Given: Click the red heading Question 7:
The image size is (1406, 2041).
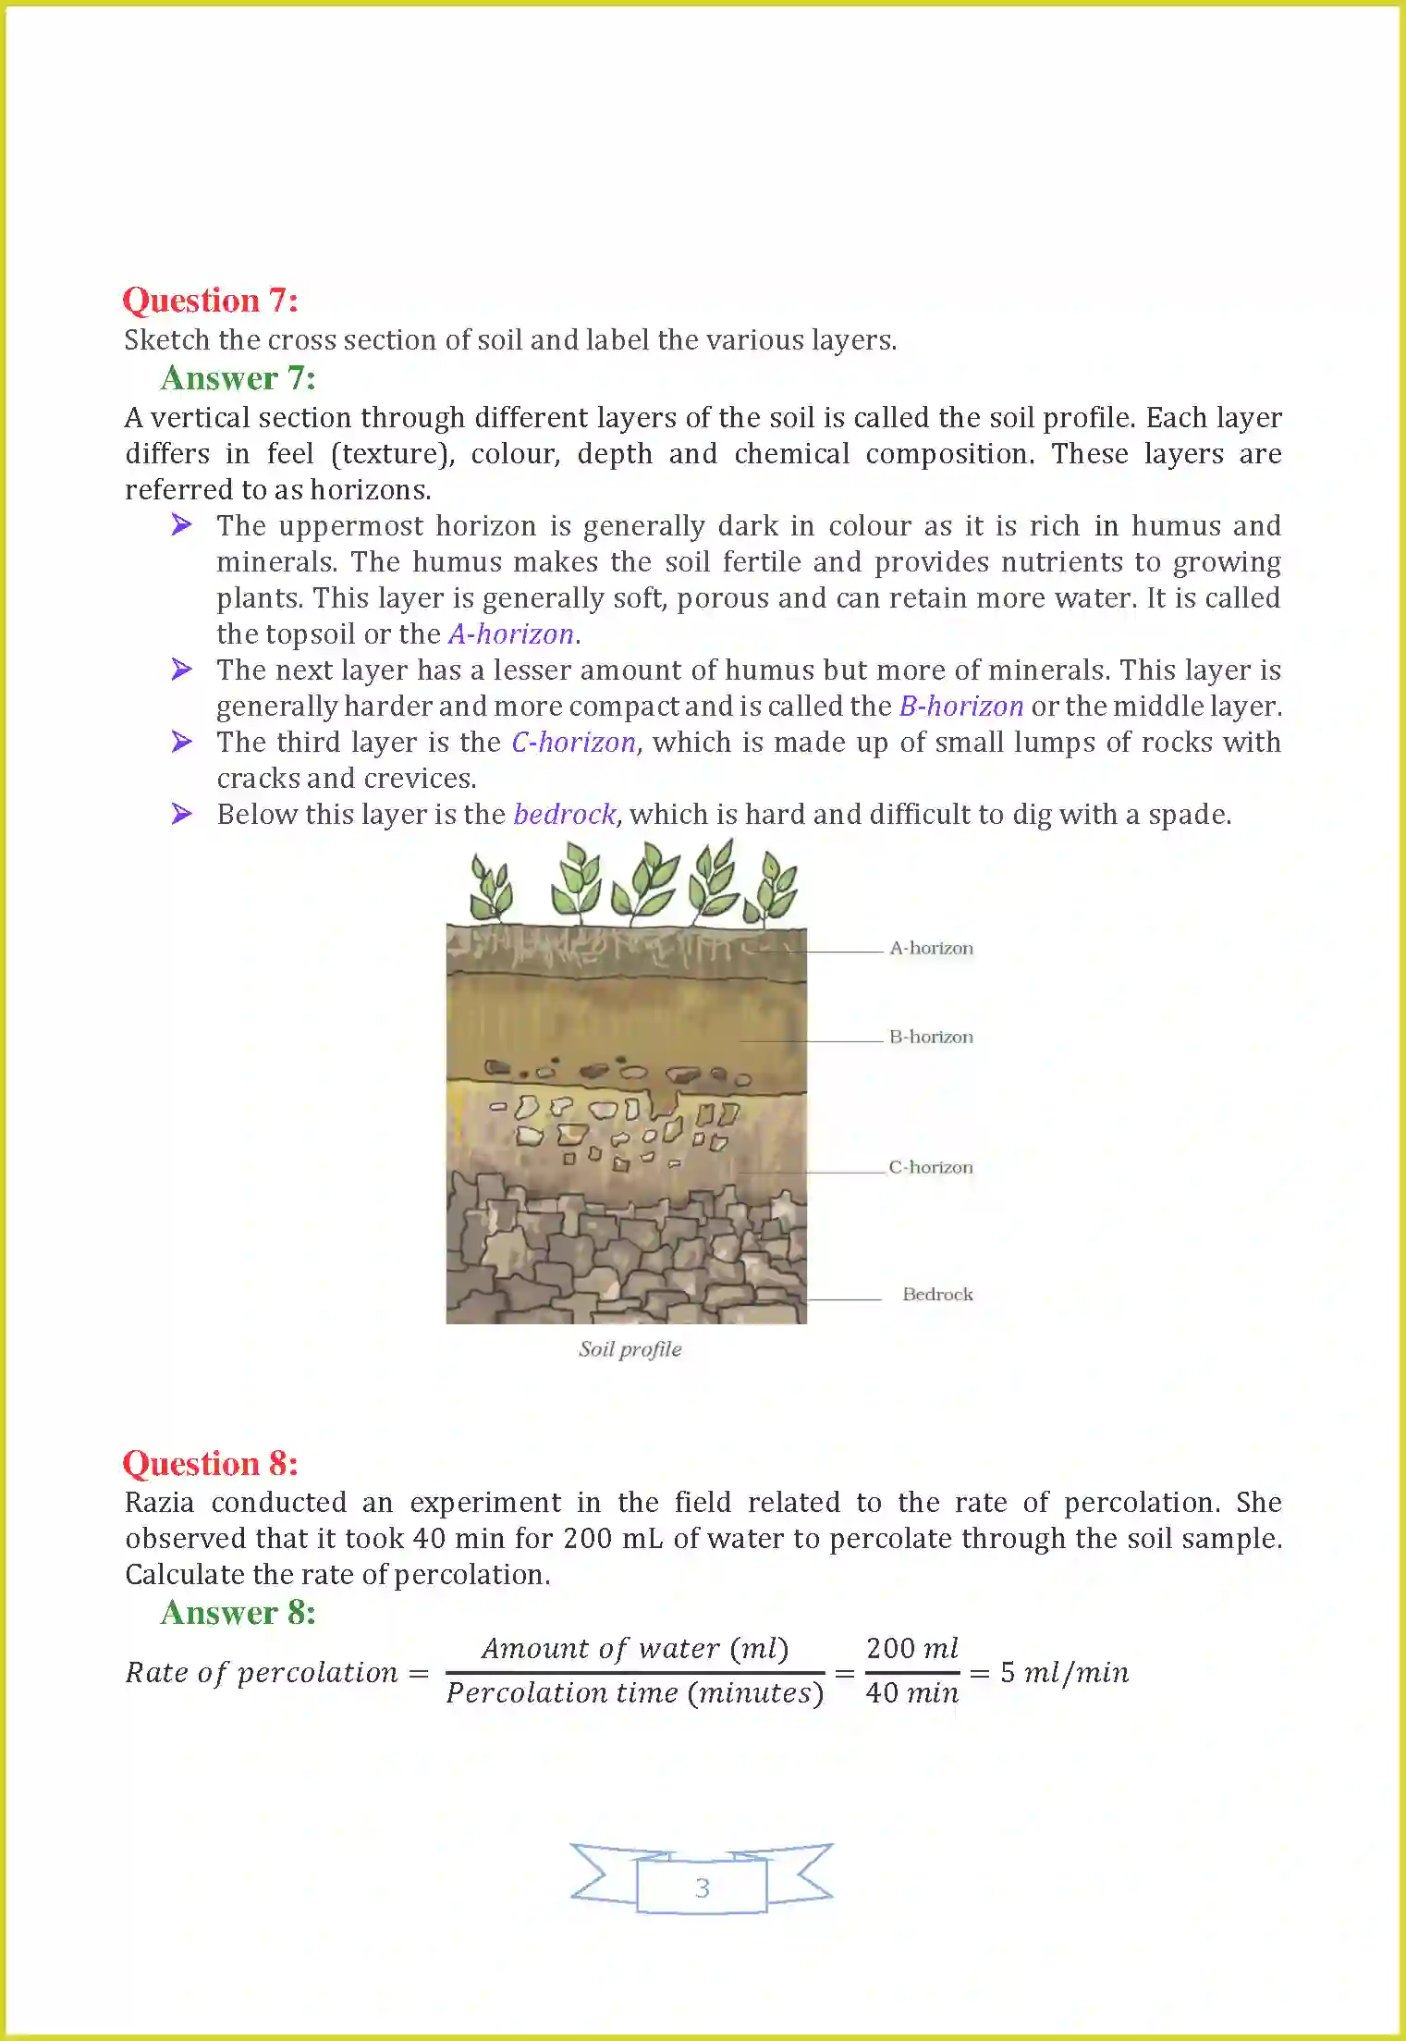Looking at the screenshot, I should [x=210, y=301].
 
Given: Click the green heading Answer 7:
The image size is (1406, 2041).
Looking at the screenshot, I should [x=238, y=378].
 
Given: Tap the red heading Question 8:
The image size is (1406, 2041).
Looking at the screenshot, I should [x=210, y=1464].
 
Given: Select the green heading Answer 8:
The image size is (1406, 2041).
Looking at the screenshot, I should [x=238, y=1613].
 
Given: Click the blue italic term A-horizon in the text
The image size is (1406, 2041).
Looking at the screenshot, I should [x=511, y=634].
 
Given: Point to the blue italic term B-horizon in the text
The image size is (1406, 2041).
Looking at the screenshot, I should [x=960, y=707].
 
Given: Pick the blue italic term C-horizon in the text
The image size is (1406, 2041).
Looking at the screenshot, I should [x=573, y=743].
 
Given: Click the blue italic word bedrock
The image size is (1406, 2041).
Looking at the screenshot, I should [x=564, y=815].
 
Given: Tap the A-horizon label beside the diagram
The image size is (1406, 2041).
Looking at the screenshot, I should [x=931, y=948].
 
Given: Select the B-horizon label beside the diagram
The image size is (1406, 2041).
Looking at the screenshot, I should [x=931, y=1037].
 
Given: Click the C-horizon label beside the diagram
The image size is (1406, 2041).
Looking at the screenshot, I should [x=930, y=1167].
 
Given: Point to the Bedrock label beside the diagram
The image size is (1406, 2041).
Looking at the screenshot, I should [x=937, y=1294].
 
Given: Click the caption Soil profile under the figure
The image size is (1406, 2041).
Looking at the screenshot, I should [x=630, y=1349].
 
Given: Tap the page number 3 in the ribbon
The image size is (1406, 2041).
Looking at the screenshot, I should [x=702, y=1887].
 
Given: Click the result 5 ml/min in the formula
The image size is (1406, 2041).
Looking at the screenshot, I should [x=1064, y=1672].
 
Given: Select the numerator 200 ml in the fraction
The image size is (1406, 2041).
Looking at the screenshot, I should [x=911, y=1648].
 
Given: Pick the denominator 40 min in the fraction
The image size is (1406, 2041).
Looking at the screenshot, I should [x=911, y=1693].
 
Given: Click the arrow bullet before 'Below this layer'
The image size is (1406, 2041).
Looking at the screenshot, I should [x=182, y=814].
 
